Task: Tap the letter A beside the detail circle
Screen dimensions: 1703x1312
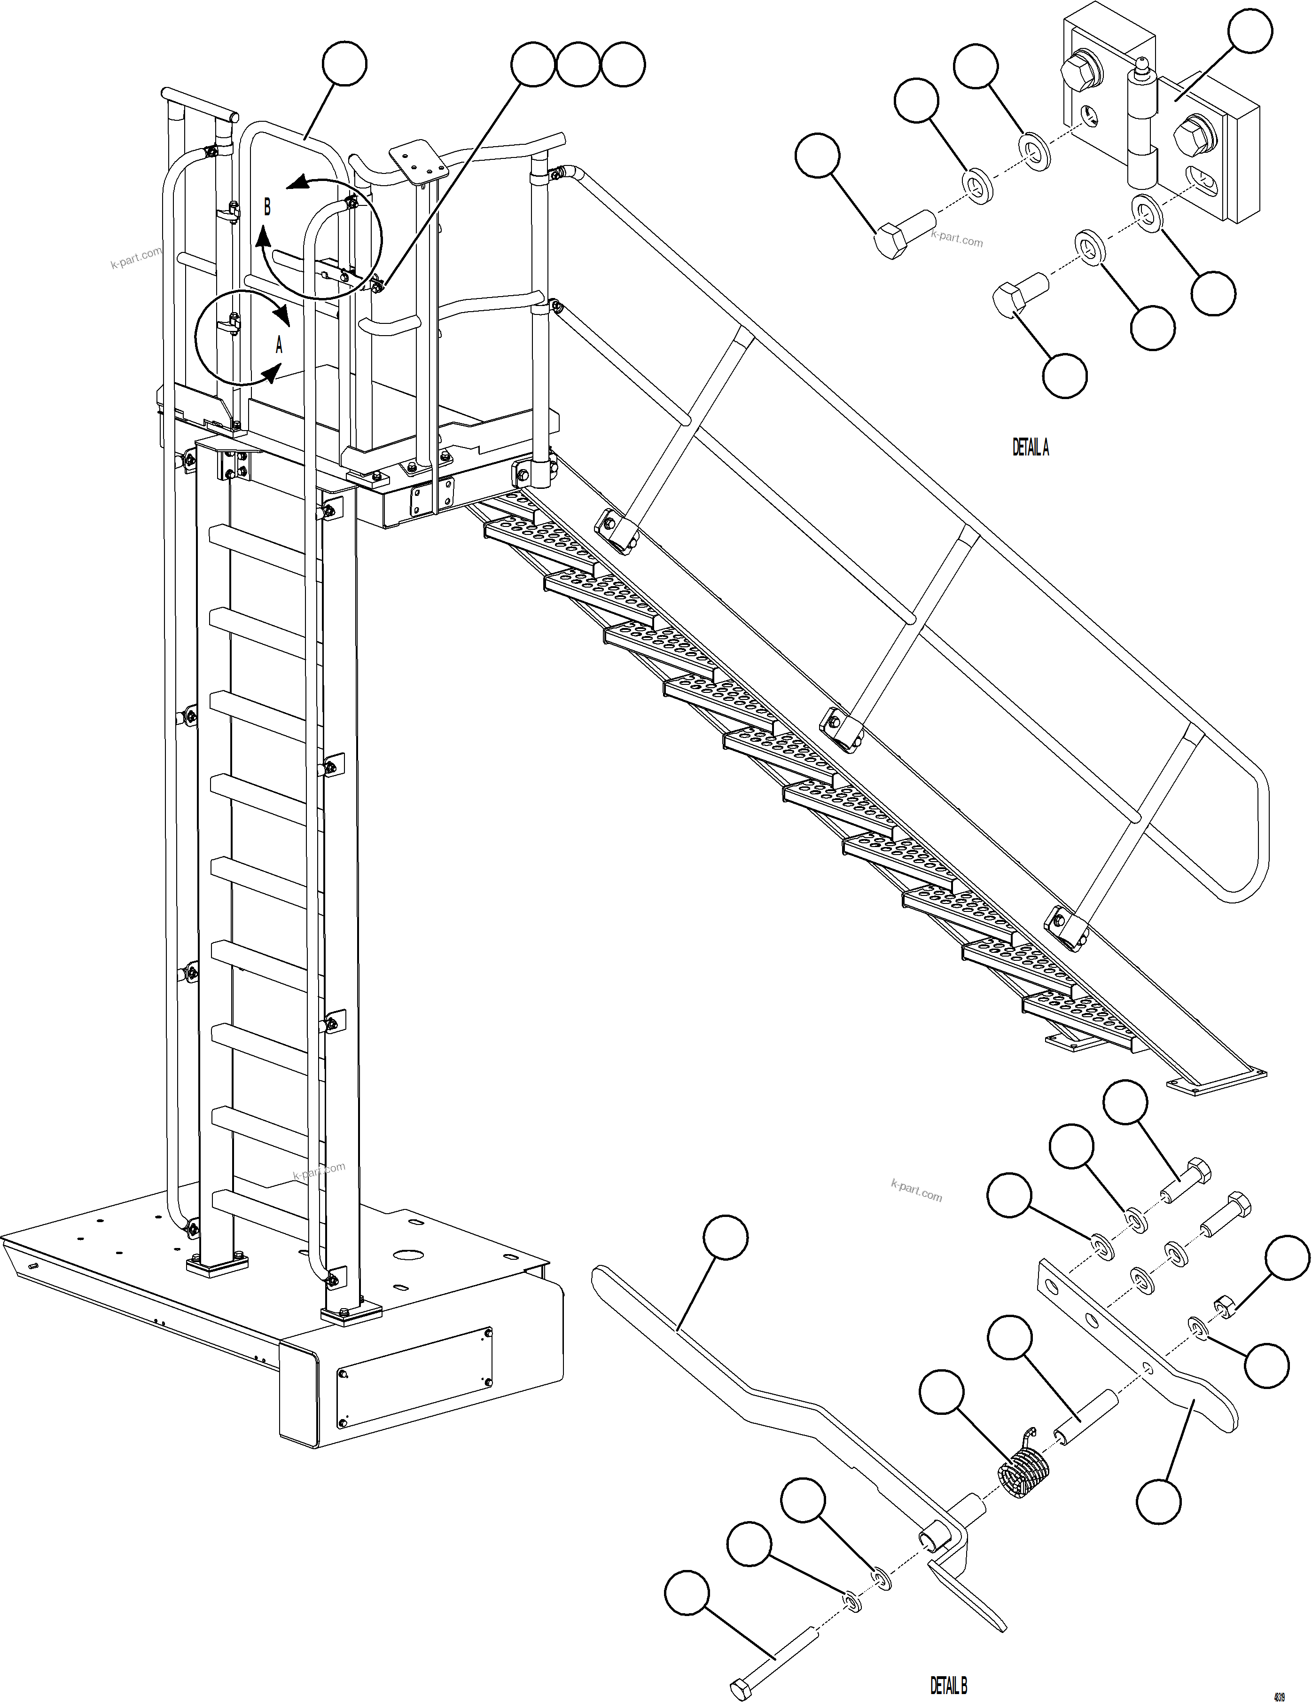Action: tap(278, 344)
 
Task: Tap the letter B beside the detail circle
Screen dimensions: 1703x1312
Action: tap(267, 207)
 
